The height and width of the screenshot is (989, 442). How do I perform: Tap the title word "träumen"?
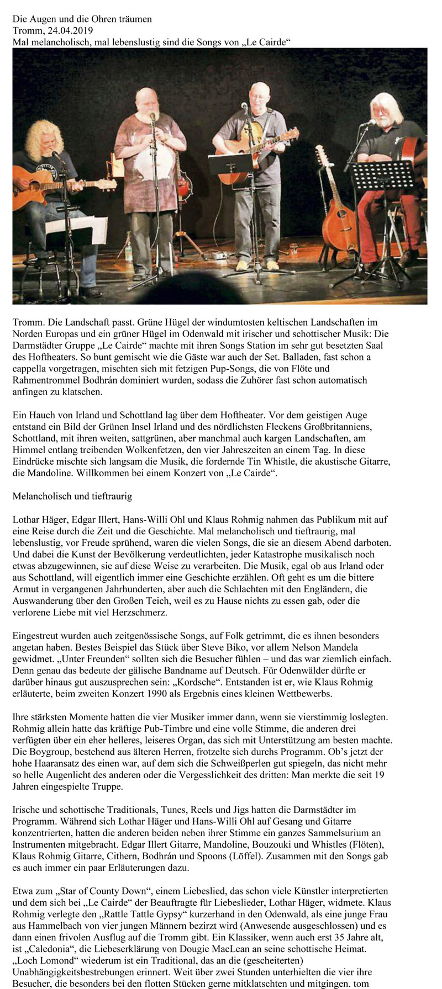134,19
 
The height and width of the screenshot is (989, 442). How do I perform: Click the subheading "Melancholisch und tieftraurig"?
72,497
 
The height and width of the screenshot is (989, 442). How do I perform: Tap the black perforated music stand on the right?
381,177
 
